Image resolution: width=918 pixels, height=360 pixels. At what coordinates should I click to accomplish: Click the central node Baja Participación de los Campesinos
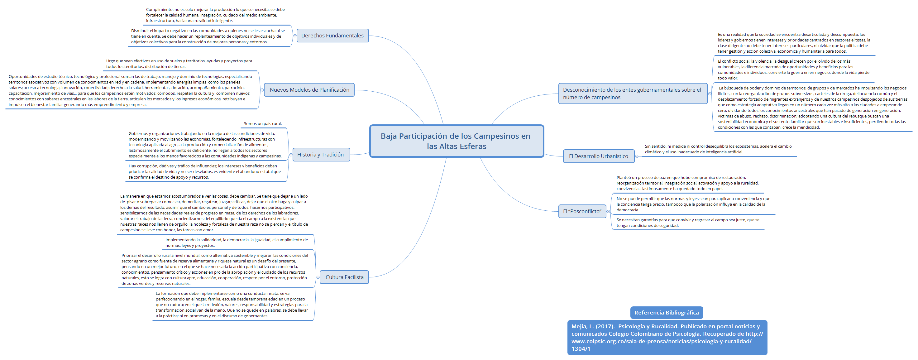pyautogui.click(x=457, y=141)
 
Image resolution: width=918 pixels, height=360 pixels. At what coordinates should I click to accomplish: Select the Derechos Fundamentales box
pyautogui.click(x=332, y=36)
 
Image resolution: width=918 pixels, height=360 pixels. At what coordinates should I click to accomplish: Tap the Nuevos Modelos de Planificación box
pyautogui.click(x=309, y=90)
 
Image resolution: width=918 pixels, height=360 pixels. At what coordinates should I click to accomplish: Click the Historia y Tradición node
pyautogui.click(x=320, y=155)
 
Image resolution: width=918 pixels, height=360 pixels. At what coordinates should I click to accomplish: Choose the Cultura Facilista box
pyautogui.click(x=344, y=277)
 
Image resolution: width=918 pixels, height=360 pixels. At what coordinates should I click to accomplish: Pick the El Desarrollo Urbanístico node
pyautogui.click(x=598, y=156)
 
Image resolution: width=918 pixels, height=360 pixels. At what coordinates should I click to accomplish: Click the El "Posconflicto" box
pyautogui.click(x=582, y=211)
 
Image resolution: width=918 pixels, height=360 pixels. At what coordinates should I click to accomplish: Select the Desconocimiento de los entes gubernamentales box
pyautogui.click(x=632, y=94)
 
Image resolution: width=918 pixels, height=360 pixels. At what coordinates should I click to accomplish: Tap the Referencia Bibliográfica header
pyautogui.click(x=667, y=313)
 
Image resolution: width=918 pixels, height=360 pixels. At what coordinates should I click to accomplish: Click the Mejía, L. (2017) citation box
pyautogui.click(x=667, y=337)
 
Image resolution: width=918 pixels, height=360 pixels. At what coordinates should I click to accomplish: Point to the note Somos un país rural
pyautogui.click(x=263, y=124)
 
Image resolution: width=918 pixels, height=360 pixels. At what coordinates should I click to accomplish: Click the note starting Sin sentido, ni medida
pyautogui.click(x=718, y=149)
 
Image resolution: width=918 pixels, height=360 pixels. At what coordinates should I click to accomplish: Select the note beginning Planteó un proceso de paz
pyautogui.click(x=687, y=183)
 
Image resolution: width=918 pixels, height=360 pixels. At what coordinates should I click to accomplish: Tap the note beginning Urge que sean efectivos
pyautogui.click(x=179, y=64)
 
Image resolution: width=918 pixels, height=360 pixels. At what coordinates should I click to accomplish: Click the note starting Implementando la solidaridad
pyautogui.click(x=236, y=243)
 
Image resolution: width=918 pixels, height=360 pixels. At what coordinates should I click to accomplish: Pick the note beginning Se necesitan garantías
pyautogui.click(x=687, y=223)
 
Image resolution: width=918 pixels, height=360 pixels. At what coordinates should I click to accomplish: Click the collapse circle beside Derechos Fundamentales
pyautogui.click(x=295, y=36)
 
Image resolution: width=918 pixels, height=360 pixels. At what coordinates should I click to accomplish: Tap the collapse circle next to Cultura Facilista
pyautogui.click(x=318, y=277)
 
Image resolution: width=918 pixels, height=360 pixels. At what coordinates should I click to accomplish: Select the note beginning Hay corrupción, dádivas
pyautogui.click(x=204, y=171)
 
